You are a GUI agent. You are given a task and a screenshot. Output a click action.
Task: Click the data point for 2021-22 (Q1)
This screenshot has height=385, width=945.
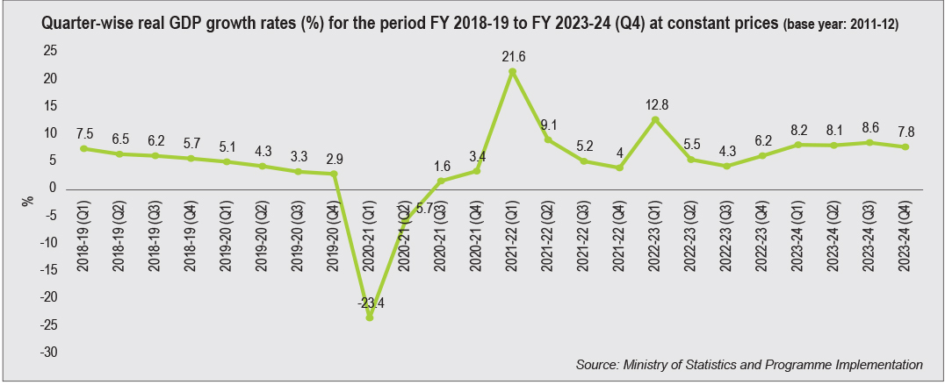(x=513, y=72)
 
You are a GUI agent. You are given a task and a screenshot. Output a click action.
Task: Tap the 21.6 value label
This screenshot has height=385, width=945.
(x=513, y=56)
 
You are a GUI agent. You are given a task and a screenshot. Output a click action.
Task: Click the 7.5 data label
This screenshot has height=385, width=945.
(x=83, y=133)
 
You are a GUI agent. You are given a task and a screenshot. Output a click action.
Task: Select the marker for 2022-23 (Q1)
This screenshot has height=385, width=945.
(x=656, y=119)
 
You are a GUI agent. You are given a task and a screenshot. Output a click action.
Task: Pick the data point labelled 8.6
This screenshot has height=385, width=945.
(x=870, y=142)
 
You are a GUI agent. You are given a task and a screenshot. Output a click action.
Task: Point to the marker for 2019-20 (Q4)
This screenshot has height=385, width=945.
(x=333, y=174)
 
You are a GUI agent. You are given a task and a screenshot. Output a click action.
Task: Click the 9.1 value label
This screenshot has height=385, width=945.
(x=549, y=124)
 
